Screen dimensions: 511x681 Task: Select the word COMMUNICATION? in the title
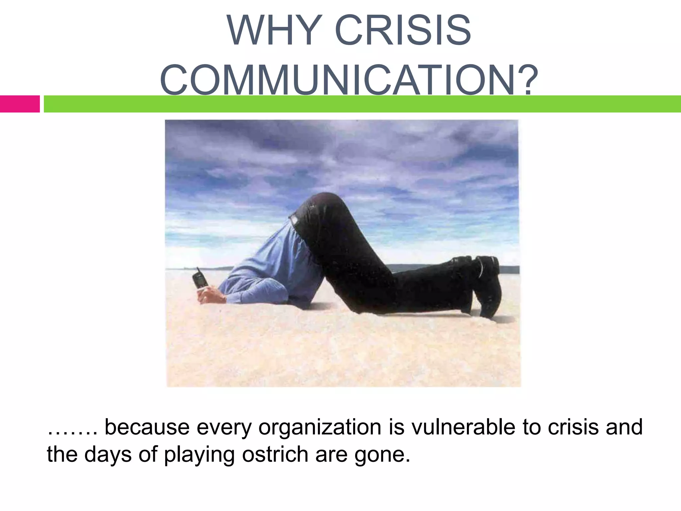349,80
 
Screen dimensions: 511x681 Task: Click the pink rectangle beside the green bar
20,104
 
